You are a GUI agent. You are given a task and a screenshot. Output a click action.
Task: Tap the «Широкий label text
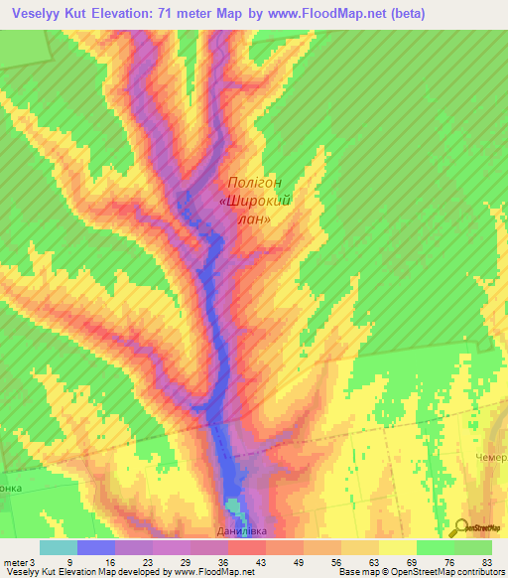pos(254,201)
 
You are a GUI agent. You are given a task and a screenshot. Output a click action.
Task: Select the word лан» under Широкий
pos(254,219)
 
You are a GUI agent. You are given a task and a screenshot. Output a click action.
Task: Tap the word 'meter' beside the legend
pos(16,561)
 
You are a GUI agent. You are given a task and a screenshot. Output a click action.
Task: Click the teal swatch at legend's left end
pos(58,547)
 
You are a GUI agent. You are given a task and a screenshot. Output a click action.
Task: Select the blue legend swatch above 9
pos(95,547)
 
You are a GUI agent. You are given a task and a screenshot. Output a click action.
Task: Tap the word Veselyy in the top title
pos(40,14)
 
